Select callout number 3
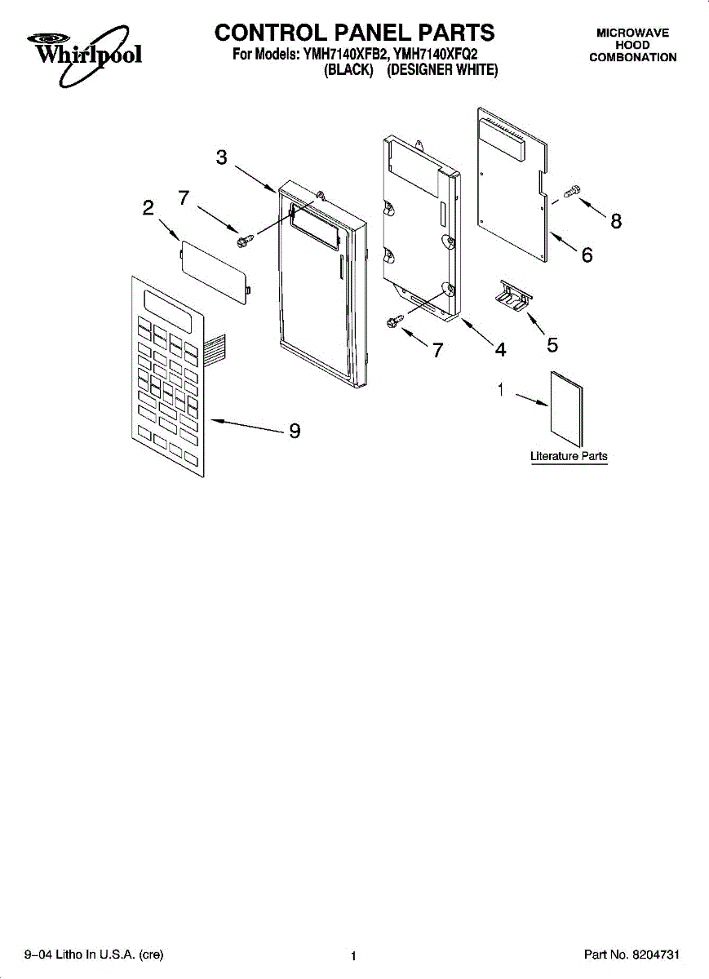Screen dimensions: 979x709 pos(221,158)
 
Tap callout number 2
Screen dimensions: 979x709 pos(148,208)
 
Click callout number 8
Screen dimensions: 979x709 pos(616,220)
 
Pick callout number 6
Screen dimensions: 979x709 pos(587,255)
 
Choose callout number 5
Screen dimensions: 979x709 pos(552,345)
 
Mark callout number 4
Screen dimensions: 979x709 pos(500,349)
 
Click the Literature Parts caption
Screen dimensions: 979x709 pos(569,456)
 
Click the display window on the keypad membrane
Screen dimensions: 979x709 pos(169,311)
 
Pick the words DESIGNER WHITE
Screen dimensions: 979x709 pos(442,71)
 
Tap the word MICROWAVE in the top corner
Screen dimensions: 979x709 pos(632,33)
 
